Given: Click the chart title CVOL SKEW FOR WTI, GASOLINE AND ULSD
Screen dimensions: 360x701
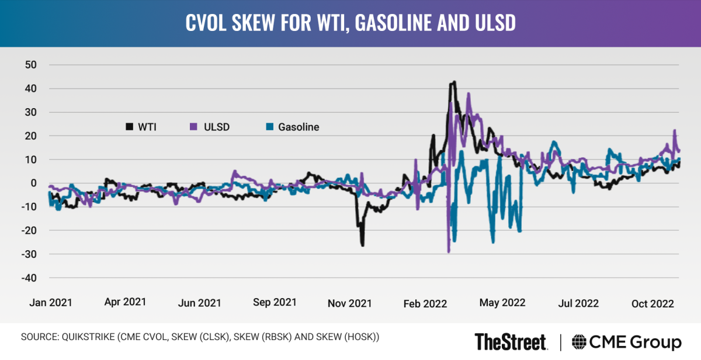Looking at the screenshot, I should pos(350,23).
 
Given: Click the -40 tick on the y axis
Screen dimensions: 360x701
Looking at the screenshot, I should pos(28,278).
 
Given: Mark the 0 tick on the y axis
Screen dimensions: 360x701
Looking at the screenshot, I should pos(33,183).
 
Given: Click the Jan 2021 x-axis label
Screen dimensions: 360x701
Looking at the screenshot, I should pos(51,303).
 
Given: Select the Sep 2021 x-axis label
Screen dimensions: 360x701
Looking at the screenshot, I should pos(275,303).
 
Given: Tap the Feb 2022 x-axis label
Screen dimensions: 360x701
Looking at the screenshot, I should pos(425,303).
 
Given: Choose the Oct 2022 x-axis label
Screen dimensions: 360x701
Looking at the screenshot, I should pos(653,303).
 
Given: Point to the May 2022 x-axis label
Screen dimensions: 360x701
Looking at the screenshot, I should pos(502,303).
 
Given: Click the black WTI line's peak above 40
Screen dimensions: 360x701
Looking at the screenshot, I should pos(453,82).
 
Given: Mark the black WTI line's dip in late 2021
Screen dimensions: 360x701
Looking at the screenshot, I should pos(362,245).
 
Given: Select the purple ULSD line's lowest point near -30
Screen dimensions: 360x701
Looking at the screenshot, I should pos(449,251).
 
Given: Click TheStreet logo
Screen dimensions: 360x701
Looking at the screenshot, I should pos(511,341).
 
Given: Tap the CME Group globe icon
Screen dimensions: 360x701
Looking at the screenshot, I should pos(579,342).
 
